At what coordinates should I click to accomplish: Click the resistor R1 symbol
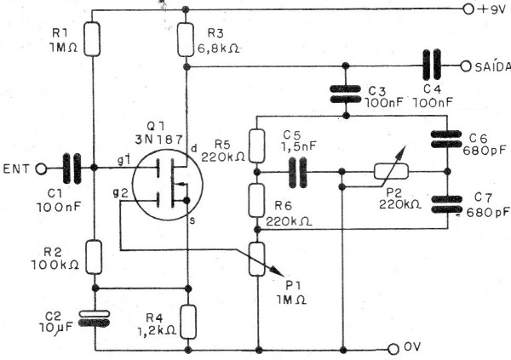pyautogui.click(x=95, y=39)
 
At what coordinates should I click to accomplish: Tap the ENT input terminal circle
pyautogui.click(x=39, y=168)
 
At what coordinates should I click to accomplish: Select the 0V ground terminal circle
pyautogui.click(x=393, y=348)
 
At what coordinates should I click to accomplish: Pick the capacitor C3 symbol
pyautogui.click(x=344, y=94)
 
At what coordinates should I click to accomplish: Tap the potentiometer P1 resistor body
pyautogui.click(x=257, y=258)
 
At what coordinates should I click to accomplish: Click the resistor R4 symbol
pyautogui.click(x=187, y=320)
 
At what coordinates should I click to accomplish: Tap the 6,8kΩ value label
pyautogui.click(x=219, y=49)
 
